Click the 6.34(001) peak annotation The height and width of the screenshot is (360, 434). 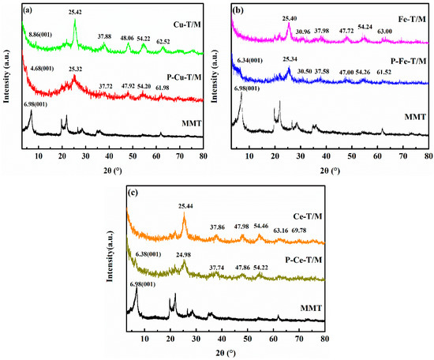(x=253, y=59)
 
